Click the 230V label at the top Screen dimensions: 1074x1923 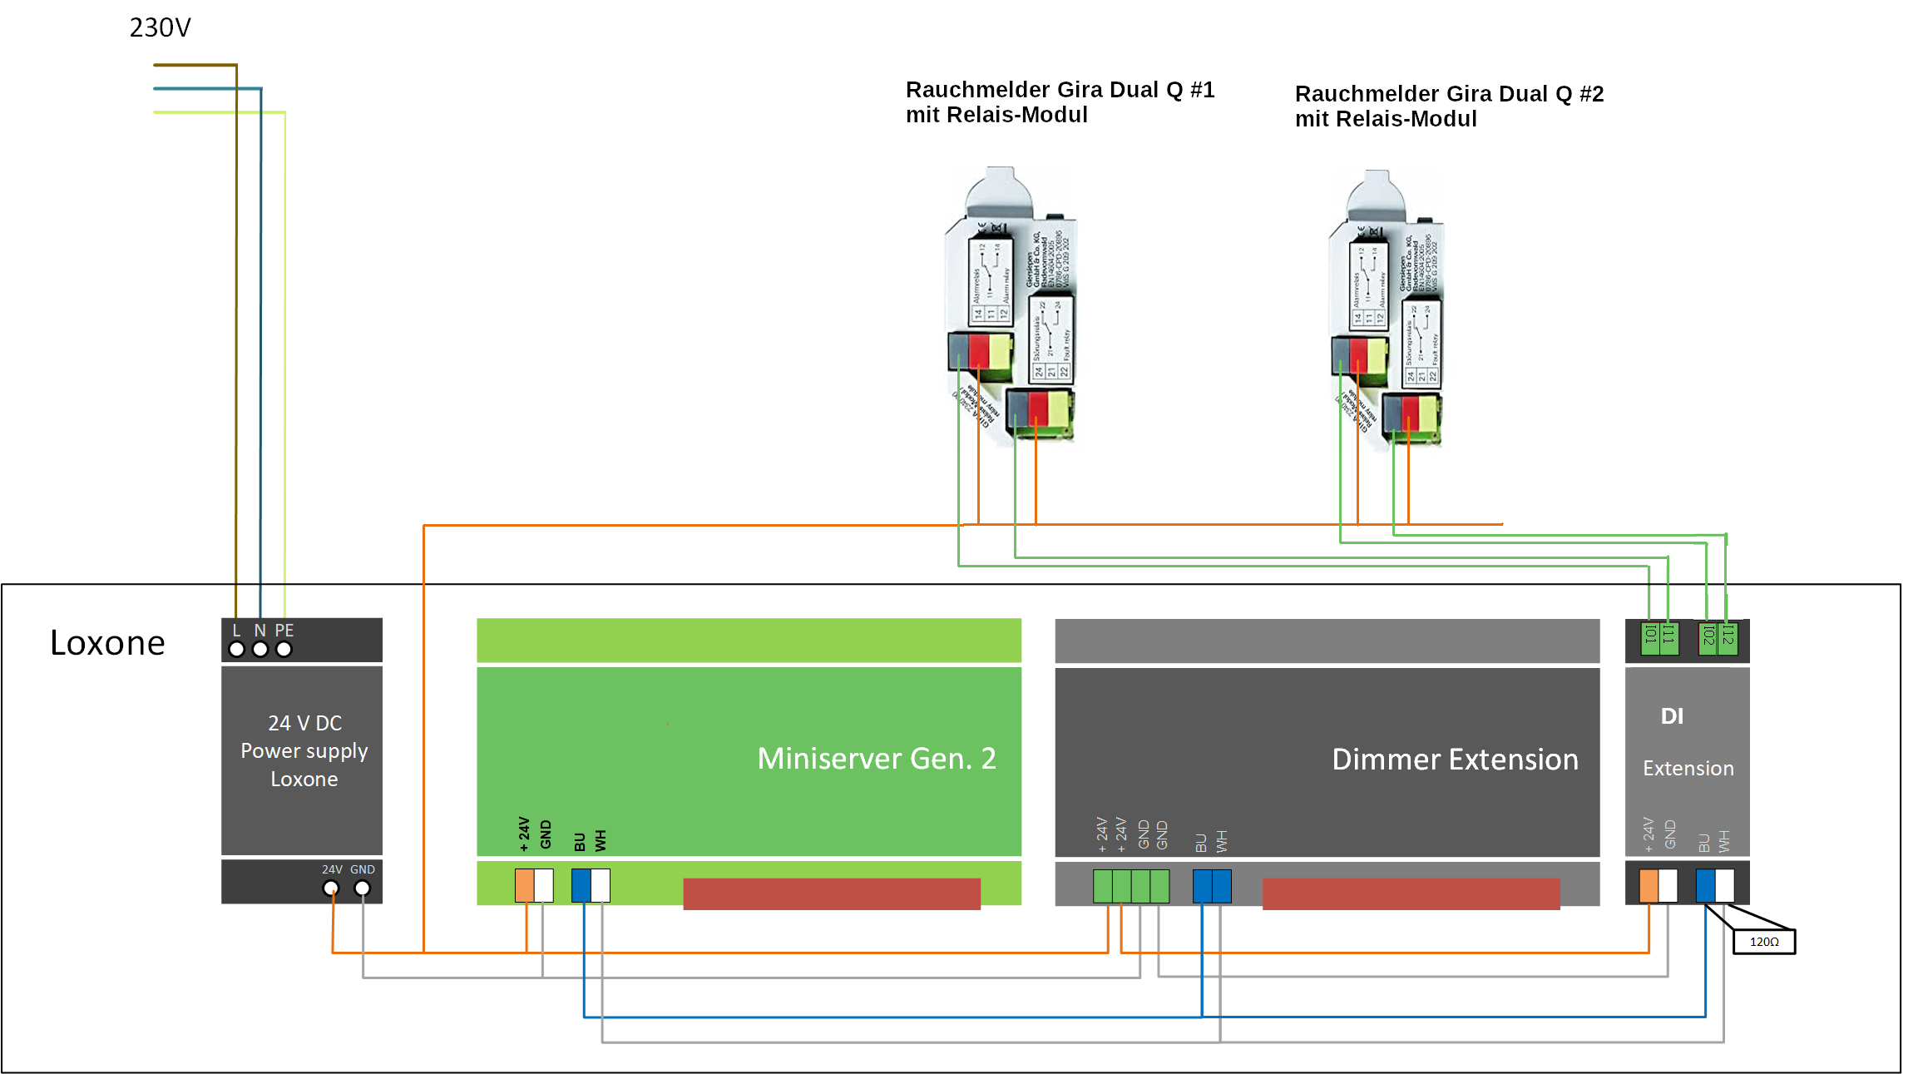[160, 27]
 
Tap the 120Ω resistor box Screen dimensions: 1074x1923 [1763, 942]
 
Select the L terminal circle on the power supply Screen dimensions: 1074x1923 [237, 649]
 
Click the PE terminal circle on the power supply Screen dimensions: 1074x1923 [284, 649]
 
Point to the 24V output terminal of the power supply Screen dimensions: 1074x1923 [331, 888]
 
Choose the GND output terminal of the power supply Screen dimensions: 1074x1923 [363, 888]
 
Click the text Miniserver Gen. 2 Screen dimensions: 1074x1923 [876, 759]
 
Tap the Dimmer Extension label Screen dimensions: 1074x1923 [1455, 760]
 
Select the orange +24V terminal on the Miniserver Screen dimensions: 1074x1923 [525, 885]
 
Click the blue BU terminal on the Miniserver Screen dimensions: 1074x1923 [581, 885]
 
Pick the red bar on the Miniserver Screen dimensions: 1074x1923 [832, 893]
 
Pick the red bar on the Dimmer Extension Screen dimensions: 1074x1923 [1411, 893]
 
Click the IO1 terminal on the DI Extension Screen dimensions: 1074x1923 [1650, 638]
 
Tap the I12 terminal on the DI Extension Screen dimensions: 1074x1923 [1728, 638]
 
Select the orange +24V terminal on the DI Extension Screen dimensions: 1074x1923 [1649, 886]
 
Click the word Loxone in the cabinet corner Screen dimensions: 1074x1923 [107, 643]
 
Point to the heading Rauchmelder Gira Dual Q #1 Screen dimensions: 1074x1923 [1060, 90]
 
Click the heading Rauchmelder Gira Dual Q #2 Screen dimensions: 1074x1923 [1449, 94]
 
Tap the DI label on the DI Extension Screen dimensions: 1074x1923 [1672, 716]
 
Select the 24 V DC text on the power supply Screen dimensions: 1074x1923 [304, 723]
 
